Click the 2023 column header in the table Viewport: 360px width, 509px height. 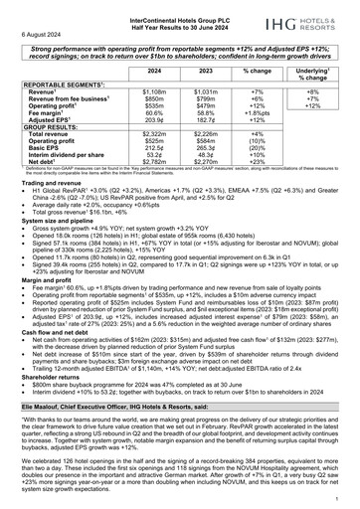click(x=204, y=73)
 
